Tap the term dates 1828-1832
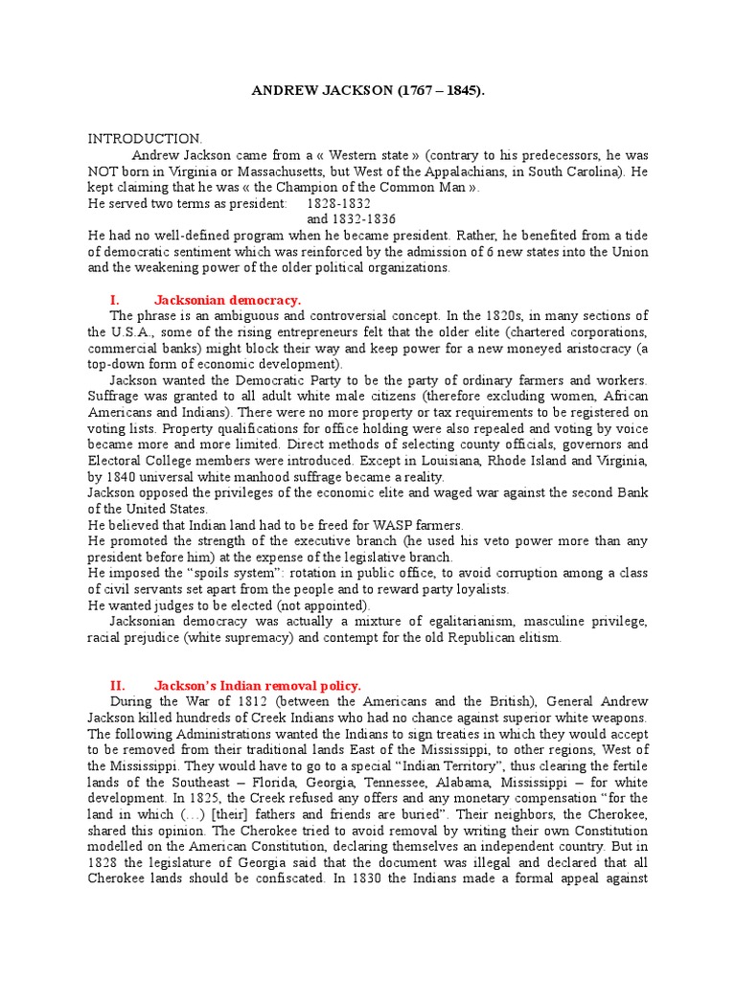click(338, 203)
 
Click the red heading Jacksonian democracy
click(227, 300)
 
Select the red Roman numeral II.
click(118, 685)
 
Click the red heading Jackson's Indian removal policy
click(258, 685)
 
